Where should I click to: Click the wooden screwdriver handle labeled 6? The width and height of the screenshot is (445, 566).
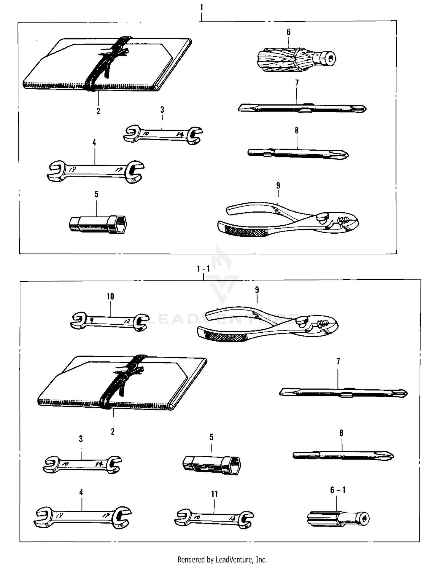click(x=296, y=58)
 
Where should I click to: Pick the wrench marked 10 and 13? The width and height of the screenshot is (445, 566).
click(x=214, y=519)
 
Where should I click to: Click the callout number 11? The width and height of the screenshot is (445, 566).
click(x=214, y=494)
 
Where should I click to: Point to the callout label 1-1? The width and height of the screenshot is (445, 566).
click(x=204, y=269)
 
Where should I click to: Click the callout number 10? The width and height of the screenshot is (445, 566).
click(x=110, y=296)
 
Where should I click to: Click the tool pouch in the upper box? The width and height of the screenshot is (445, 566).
click(x=107, y=64)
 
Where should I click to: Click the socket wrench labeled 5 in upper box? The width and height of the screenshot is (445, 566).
click(x=98, y=224)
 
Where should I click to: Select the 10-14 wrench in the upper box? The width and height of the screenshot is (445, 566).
click(x=163, y=134)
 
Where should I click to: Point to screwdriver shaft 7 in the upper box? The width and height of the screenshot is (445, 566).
click(x=302, y=108)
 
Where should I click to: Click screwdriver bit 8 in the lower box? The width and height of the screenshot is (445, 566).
click(x=343, y=455)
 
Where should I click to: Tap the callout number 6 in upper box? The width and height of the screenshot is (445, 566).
click(x=288, y=32)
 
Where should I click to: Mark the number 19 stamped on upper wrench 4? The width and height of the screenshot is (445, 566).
click(x=72, y=170)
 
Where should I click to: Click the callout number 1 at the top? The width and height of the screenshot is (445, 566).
click(x=202, y=7)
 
